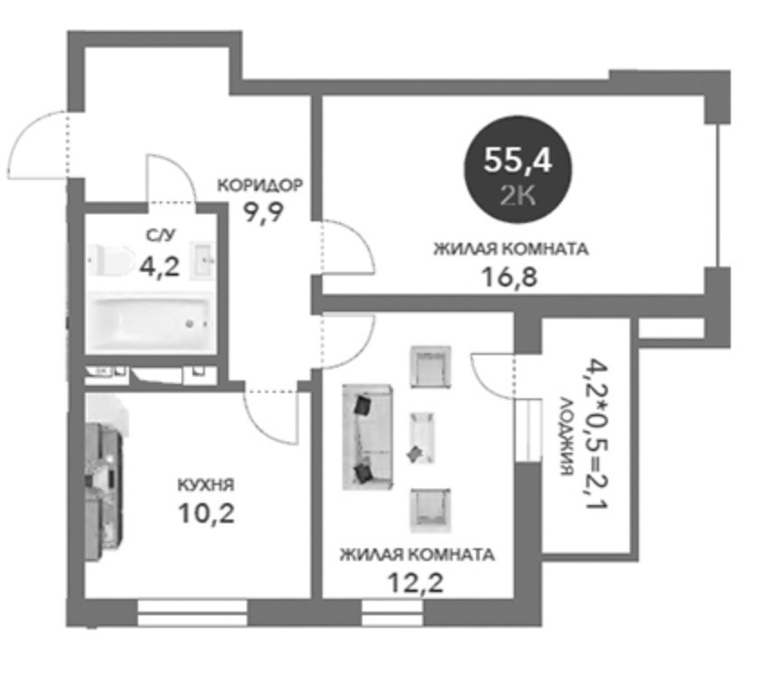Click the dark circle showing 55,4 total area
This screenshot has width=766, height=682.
point(518,170)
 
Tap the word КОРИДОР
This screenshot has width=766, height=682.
point(260,185)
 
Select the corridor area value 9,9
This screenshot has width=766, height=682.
point(264,212)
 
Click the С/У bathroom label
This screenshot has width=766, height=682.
point(160,236)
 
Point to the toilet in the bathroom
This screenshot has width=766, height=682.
point(111,259)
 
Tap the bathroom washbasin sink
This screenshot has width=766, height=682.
point(201,261)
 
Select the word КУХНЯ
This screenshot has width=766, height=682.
point(206,485)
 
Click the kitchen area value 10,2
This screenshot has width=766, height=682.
point(207,513)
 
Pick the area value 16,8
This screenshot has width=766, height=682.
point(509,277)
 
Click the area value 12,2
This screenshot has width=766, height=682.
point(416,583)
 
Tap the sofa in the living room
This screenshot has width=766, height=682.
point(368,437)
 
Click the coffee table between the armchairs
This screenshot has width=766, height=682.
point(421,438)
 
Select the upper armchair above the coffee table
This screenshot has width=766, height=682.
point(430,367)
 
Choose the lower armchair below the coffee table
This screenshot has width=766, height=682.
point(430,510)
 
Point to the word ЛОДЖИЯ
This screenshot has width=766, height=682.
point(565,435)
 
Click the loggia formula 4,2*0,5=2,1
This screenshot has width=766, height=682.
point(596,434)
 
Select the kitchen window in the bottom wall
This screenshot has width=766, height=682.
point(192,612)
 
